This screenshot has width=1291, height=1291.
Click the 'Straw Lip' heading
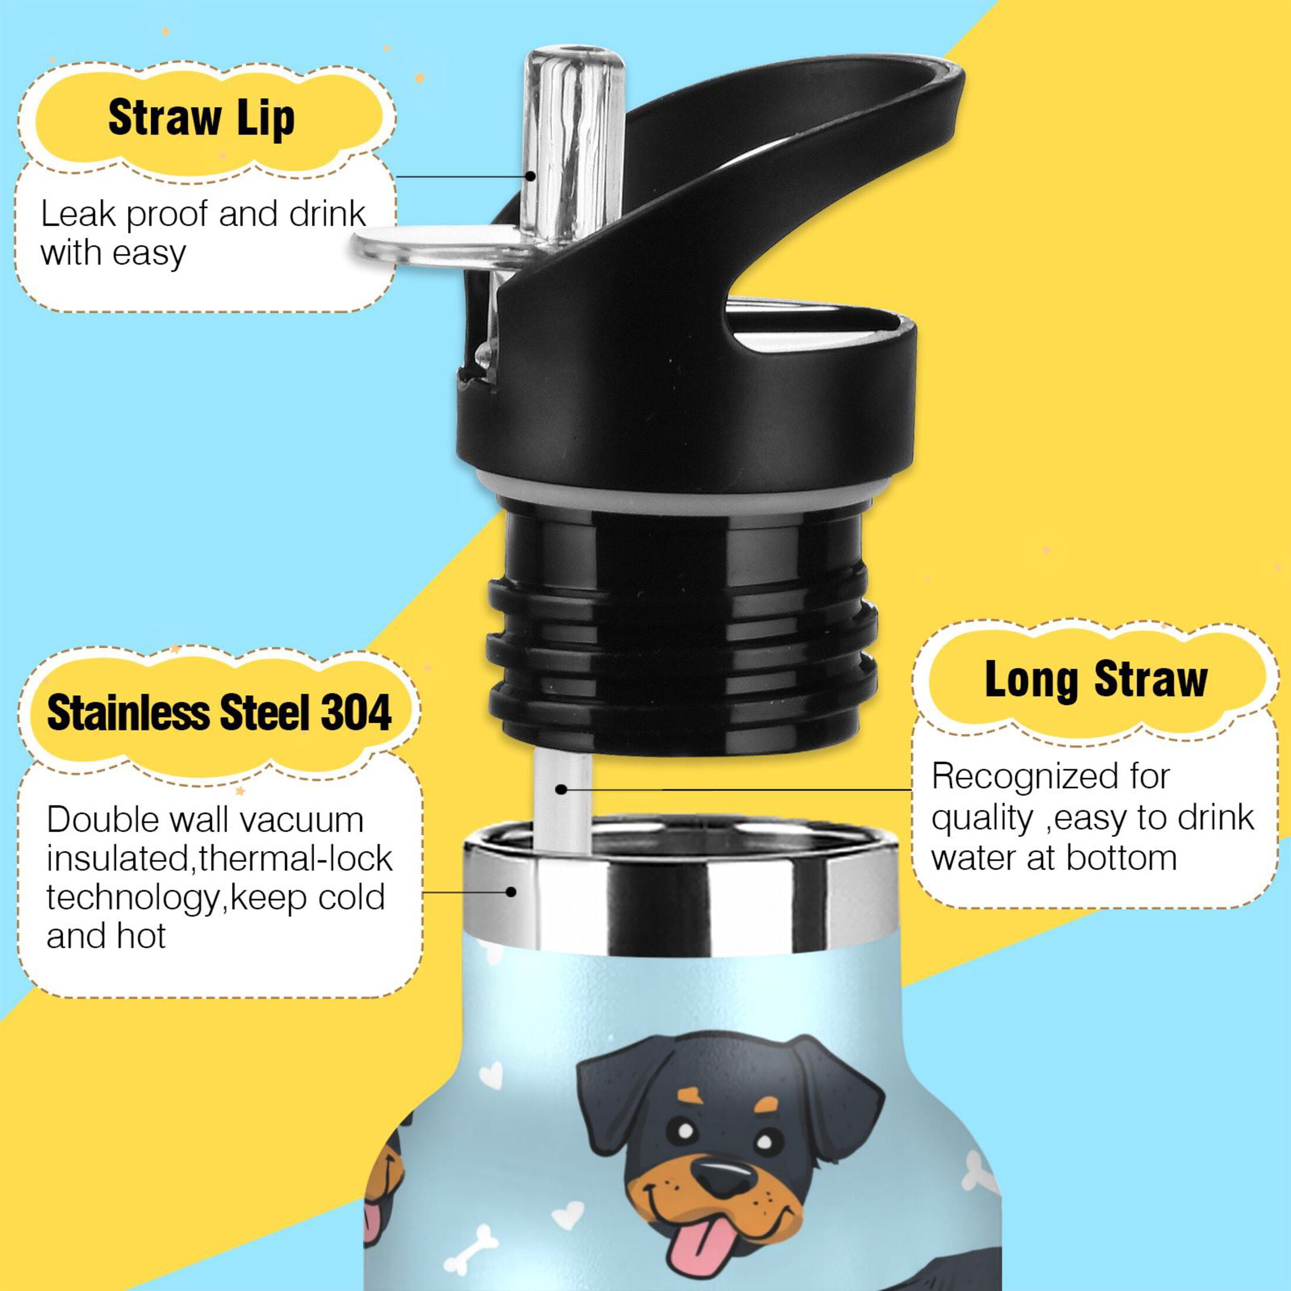click(201, 119)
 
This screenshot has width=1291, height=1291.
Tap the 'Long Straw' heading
click(1096, 680)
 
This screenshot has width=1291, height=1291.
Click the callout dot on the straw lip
click(530, 175)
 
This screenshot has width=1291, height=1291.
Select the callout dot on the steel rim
click(512, 891)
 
